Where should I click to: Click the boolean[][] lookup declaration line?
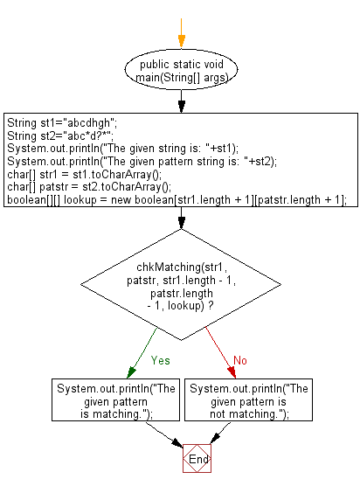tap(176, 198)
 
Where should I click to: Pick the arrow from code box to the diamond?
tap(180, 219)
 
